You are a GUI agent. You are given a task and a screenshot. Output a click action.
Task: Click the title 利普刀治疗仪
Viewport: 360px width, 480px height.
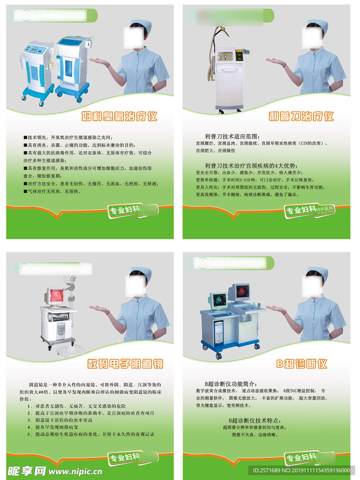(x=301, y=116)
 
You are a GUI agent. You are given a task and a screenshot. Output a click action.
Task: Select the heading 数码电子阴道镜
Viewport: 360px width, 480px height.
(x=125, y=364)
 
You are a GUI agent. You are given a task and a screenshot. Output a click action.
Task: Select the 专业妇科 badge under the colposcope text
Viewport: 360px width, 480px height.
(x=124, y=457)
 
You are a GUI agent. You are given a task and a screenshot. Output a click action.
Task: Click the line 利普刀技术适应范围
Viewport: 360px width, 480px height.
(x=229, y=136)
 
